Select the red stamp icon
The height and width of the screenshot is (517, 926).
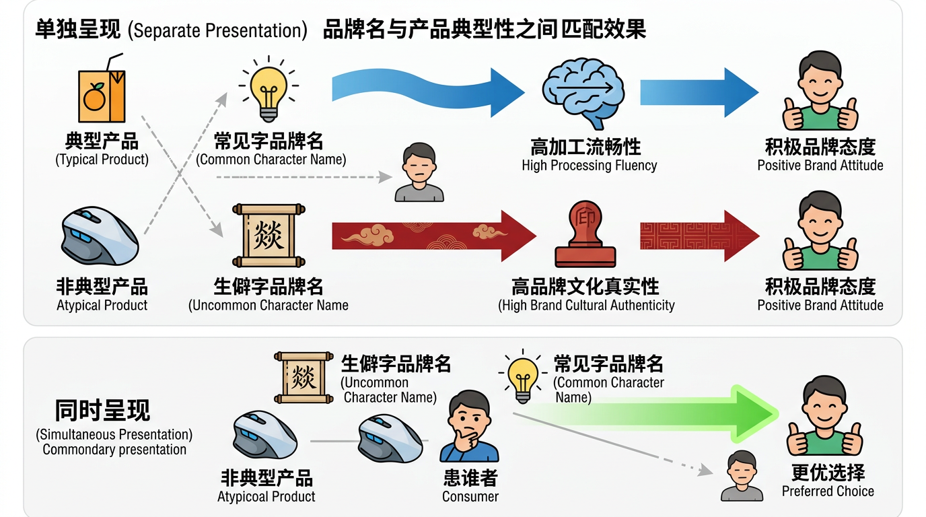coord(585,234)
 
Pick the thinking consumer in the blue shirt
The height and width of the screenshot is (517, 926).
coord(470,427)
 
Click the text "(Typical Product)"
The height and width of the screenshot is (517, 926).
coord(102,160)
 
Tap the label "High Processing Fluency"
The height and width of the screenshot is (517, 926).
coord(589,166)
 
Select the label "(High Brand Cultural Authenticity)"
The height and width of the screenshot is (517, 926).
coord(586,306)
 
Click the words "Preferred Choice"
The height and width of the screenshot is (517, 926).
coord(828,491)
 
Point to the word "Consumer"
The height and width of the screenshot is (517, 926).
coord(470,497)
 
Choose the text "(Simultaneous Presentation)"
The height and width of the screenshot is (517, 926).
coord(114,435)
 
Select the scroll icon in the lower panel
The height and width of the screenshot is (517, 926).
coord(304,378)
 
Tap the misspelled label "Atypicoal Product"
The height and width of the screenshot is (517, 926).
coord(266,497)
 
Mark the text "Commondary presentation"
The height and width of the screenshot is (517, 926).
coord(114,450)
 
